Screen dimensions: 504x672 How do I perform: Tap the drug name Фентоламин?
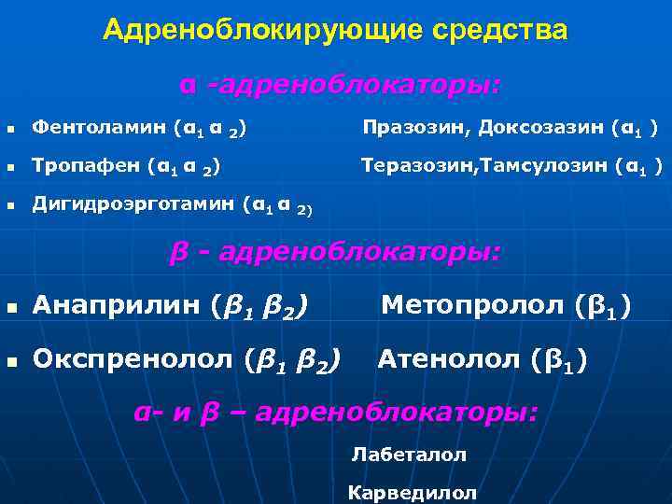[87, 126]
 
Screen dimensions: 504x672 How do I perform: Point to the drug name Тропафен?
[84, 167]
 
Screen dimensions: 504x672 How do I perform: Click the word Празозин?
[403, 126]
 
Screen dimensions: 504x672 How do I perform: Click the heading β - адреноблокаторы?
[335, 252]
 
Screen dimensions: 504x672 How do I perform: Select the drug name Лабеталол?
[409, 455]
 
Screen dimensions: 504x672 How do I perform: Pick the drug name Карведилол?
[412, 492]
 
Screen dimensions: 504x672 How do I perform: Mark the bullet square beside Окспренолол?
[12, 359]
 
